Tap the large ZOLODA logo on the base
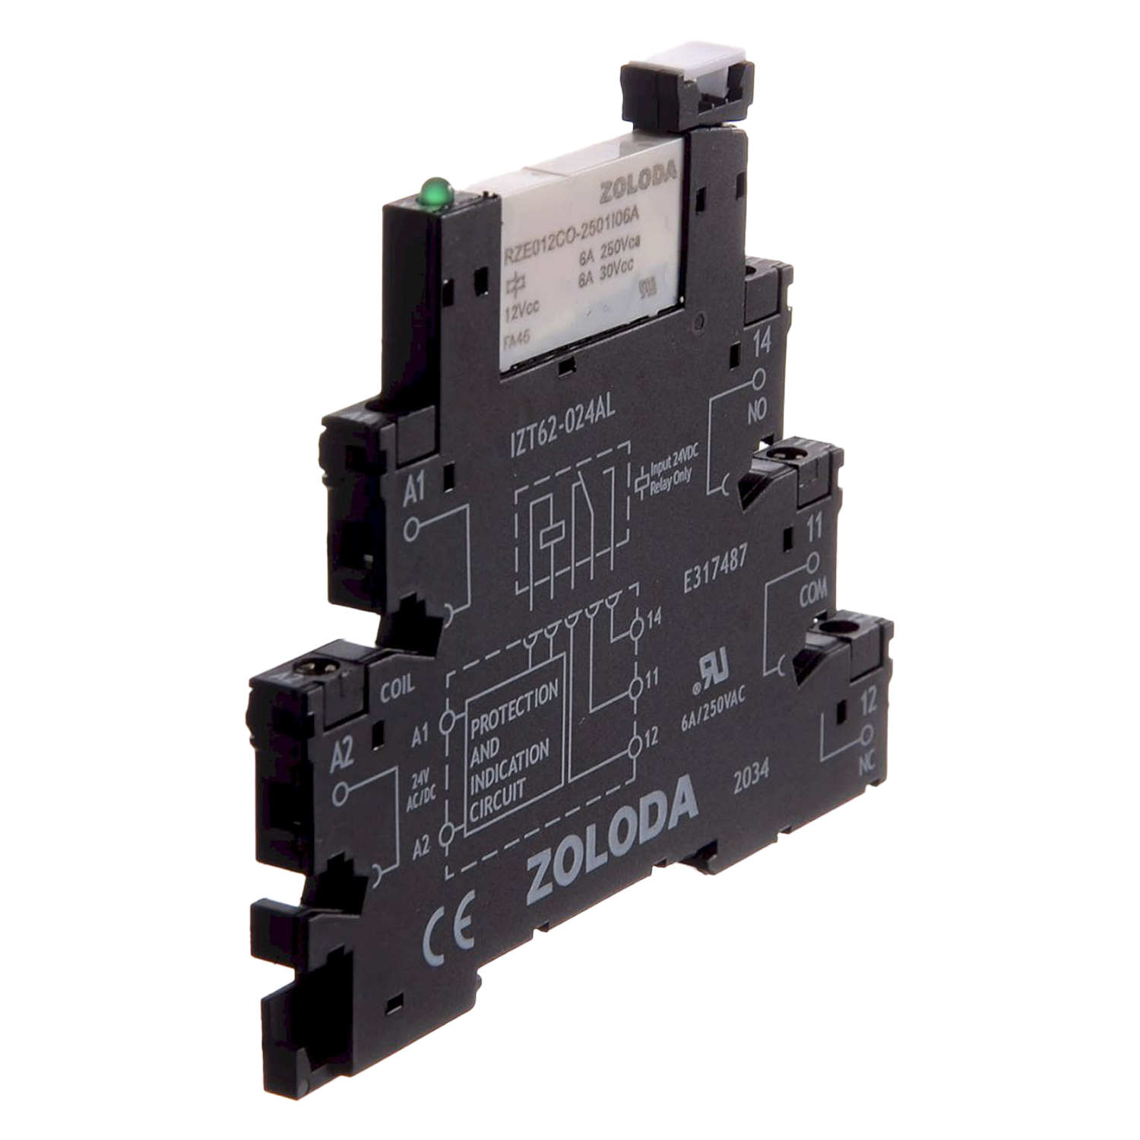(x=612, y=840)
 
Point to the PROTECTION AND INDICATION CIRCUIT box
(x=514, y=749)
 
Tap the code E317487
(x=715, y=569)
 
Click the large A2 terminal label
(x=343, y=754)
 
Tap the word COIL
(x=397, y=687)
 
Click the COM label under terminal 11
(x=812, y=594)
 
